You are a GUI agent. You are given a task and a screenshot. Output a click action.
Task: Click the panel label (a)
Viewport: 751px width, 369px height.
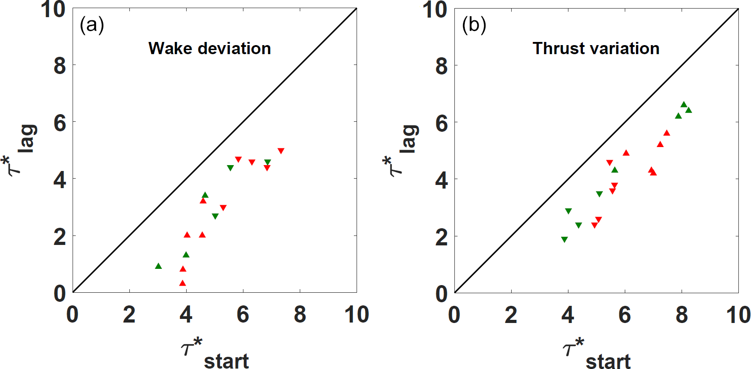[x=92, y=25]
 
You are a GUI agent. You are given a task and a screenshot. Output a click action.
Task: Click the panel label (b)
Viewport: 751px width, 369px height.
[x=474, y=25]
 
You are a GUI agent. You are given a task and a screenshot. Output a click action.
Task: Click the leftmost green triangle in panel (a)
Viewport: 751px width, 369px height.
[x=158, y=266]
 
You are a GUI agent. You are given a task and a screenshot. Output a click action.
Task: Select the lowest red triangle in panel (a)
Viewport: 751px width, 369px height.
[x=183, y=283]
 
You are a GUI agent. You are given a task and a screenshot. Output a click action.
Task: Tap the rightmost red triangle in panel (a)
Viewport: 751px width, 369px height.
[x=281, y=151]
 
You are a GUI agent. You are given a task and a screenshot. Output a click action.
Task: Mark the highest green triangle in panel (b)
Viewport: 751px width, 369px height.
[x=684, y=105]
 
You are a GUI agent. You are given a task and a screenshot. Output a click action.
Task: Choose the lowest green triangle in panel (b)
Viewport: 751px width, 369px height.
[x=564, y=240]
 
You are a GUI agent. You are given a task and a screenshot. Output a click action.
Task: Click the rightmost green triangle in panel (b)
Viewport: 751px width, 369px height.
[x=689, y=110]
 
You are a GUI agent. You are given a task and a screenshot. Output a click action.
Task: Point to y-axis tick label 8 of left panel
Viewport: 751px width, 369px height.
[x=60, y=66]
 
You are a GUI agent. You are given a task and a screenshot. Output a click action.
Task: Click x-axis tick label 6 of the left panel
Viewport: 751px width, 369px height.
[x=243, y=314]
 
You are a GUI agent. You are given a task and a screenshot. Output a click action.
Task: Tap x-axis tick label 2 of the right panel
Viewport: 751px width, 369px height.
[x=511, y=314]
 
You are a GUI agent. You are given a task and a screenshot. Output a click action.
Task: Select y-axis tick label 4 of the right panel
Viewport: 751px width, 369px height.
[x=442, y=180]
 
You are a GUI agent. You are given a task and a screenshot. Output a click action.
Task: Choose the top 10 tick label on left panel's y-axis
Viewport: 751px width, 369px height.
[x=53, y=10]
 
